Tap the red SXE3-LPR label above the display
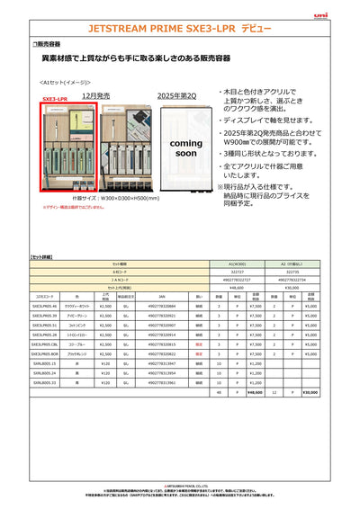(x=55, y=99)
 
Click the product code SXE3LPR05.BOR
(x=44, y=354)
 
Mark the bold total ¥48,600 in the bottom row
(x=255, y=392)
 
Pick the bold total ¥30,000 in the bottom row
(x=311, y=392)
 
